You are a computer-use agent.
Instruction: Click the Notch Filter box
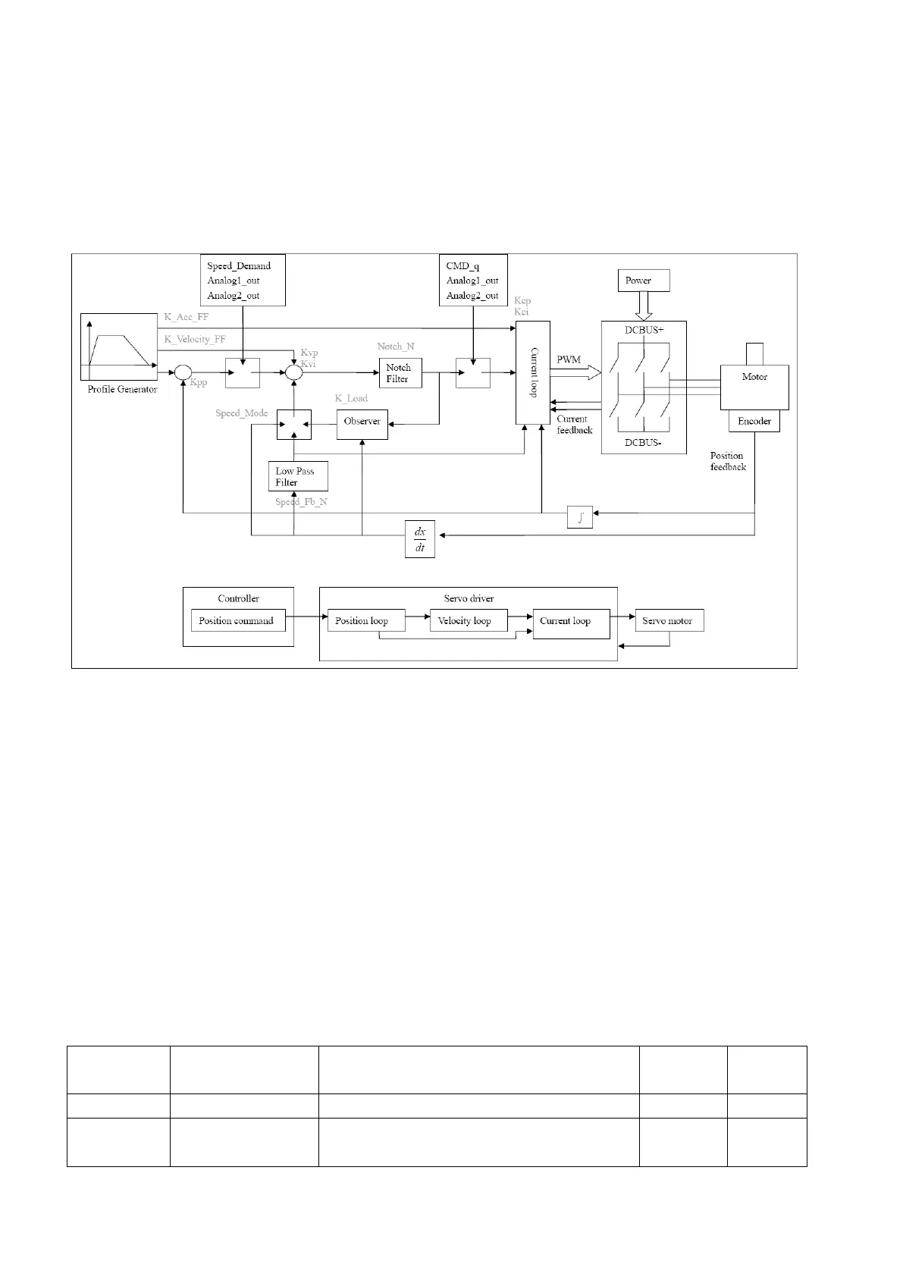point(400,373)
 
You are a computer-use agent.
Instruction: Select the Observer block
point(362,422)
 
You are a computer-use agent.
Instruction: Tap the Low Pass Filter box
point(298,476)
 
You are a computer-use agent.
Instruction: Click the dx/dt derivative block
point(420,539)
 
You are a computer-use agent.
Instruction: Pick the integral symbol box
point(580,518)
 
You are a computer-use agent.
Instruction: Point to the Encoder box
point(754,422)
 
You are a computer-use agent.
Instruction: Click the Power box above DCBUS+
point(644,281)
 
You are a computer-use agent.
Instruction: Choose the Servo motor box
point(669,620)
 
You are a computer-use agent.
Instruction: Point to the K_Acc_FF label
point(187,317)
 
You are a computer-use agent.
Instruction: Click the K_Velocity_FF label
point(195,339)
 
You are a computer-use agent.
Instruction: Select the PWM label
point(569,359)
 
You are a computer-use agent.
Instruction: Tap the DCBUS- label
point(643,443)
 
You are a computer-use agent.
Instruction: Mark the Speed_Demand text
point(239,266)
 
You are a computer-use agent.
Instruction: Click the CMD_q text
point(462,266)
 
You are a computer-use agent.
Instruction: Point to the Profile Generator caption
point(122,390)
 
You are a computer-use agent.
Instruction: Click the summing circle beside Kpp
point(183,372)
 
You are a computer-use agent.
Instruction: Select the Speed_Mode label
point(242,413)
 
